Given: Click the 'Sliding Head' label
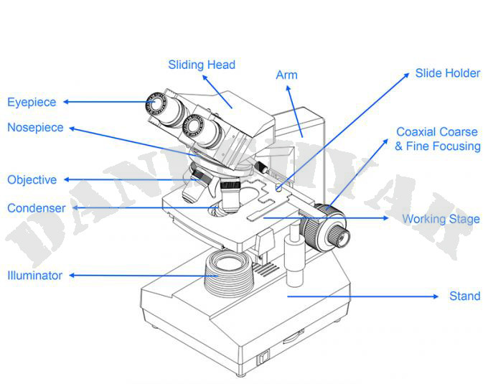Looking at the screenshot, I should pos(202,65).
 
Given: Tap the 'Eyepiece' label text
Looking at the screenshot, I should pos(32,102).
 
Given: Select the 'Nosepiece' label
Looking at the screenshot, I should pos(35,128).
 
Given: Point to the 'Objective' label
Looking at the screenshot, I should pos(32,179).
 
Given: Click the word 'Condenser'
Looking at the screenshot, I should pos(36,208).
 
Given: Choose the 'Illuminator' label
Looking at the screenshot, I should pos(34,275).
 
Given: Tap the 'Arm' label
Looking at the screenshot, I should pos(286,75).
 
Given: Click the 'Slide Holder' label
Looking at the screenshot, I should pos(448,73).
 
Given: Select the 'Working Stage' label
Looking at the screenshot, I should pos(441,219).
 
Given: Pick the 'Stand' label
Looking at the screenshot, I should pos(464,296).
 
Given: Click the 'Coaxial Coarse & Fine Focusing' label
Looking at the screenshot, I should pos(437,139).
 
